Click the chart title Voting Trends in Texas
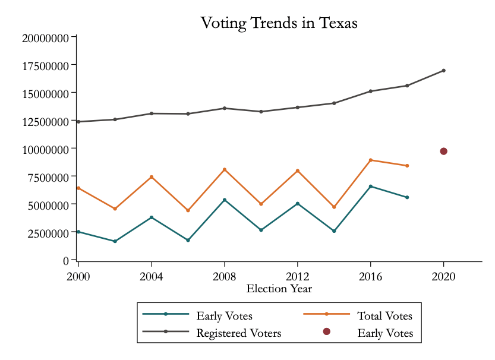click(x=279, y=23)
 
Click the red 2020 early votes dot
click(x=443, y=151)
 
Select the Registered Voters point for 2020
click(x=443, y=71)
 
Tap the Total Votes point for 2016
click(x=370, y=160)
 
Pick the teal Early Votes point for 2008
click(x=224, y=200)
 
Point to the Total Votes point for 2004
click(x=152, y=177)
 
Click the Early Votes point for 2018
click(x=407, y=197)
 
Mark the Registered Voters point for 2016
click(x=370, y=91)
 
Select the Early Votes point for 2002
click(x=115, y=241)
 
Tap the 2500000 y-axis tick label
click(x=47, y=233)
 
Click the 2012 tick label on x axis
click(x=297, y=276)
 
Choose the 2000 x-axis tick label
click(x=78, y=276)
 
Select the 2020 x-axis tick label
click(x=443, y=276)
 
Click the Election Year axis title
click(x=279, y=289)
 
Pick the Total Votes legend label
click(x=384, y=315)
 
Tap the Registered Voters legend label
click(x=238, y=333)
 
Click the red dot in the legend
click(x=326, y=331)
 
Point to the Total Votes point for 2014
click(x=334, y=207)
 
